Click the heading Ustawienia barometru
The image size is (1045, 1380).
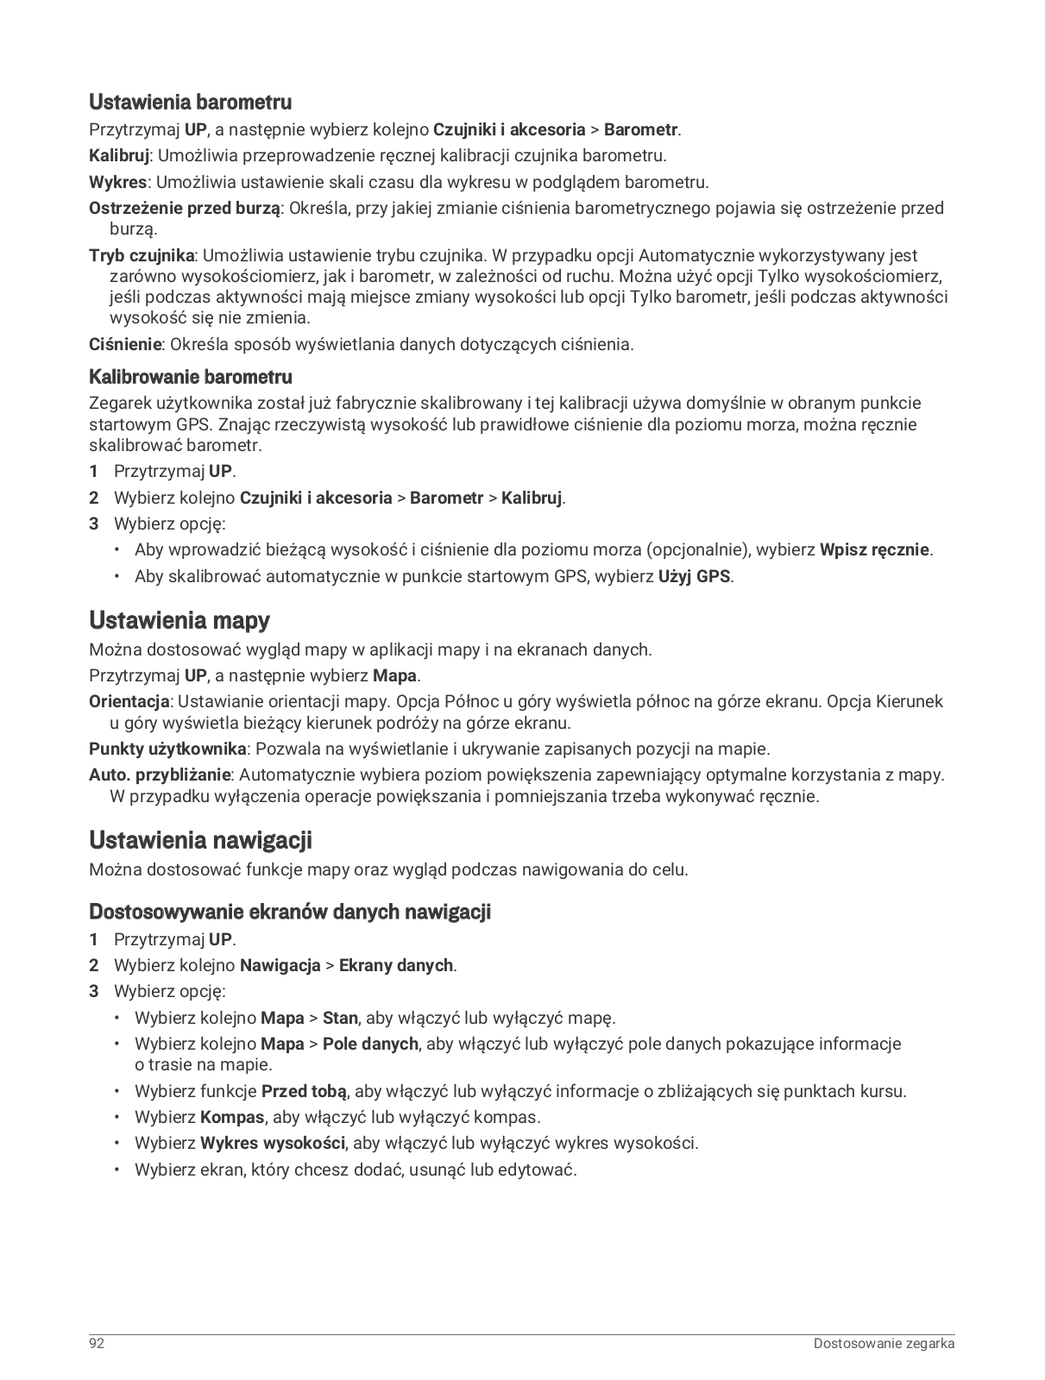click(x=190, y=103)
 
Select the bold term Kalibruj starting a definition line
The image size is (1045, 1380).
click(x=119, y=156)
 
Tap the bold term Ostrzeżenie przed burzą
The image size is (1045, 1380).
click(x=185, y=208)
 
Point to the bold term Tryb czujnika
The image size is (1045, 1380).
click(x=142, y=255)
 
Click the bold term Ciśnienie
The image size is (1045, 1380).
click(x=125, y=345)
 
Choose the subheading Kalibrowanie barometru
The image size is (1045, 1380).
click(x=191, y=377)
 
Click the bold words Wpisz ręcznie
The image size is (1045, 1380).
click(x=874, y=550)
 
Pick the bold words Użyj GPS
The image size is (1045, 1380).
click(x=695, y=576)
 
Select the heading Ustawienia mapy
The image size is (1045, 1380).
click(x=179, y=620)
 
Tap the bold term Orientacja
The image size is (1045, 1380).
click(x=129, y=702)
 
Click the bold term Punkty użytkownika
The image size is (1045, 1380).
click(x=168, y=749)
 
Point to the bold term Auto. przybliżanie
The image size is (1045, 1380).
click(x=160, y=775)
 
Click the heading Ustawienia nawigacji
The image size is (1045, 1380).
click(x=200, y=840)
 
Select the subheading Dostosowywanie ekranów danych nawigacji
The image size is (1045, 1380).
click(x=290, y=912)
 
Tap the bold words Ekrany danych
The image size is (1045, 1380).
click(x=395, y=966)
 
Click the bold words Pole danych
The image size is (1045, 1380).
click(x=370, y=1044)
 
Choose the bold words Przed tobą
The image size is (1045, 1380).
click(x=304, y=1091)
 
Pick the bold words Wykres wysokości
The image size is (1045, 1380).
click(x=273, y=1144)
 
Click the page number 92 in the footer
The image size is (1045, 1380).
click(x=97, y=1344)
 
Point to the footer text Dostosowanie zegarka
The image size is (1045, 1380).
click(x=884, y=1344)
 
